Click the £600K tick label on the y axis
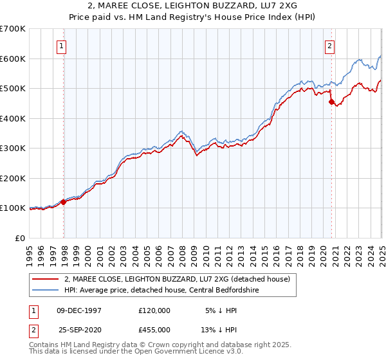[x=12, y=59]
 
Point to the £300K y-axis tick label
[x=12, y=148]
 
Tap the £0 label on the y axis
[x=20, y=238]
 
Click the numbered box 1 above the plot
[x=61, y=46]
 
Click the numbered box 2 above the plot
[x=329, y=46]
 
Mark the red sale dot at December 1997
[x=64, y=202]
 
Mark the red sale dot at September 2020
[x=331, y=102]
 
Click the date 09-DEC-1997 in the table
[x=79, y=310]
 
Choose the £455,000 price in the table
[x=154, y=329]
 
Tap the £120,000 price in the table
[x=154, y=310]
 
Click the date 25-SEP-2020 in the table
[x=79, y=329]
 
